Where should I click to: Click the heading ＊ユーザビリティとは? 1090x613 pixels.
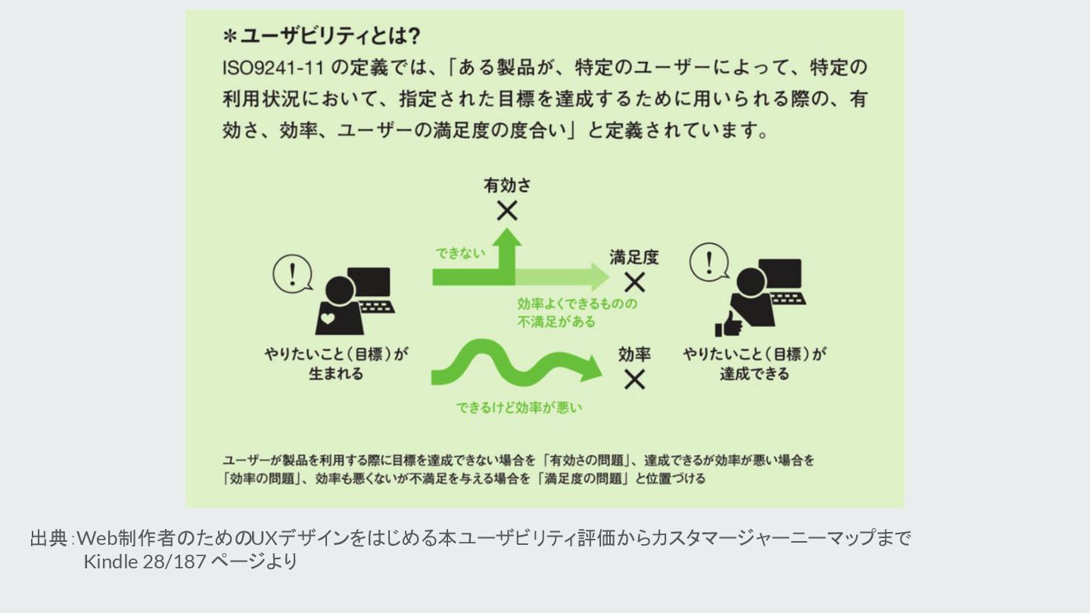[x=322, y=36]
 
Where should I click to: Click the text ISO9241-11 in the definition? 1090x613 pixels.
[x=273, y=67]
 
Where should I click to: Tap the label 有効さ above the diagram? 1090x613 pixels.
[x=507, y=185]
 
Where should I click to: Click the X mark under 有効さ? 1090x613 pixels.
[x=507, y=211]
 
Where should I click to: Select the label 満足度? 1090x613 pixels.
[x=634, y=257]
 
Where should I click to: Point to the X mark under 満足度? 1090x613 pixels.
[x=634, y=282]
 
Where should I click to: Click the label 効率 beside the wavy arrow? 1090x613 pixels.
[x=634, y=354]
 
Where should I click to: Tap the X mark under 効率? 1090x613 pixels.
[x=634, y=379]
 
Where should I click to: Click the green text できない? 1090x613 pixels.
[x=460, y=254]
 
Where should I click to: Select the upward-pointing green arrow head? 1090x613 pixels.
[x=506, y=238]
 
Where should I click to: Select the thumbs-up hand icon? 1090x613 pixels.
[x=726, y=323]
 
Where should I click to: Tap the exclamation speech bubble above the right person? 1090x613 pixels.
[x=709, y=263]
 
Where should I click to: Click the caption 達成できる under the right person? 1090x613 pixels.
[x=754, y=374]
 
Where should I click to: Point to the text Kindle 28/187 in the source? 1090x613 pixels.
[x=144, y=562]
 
